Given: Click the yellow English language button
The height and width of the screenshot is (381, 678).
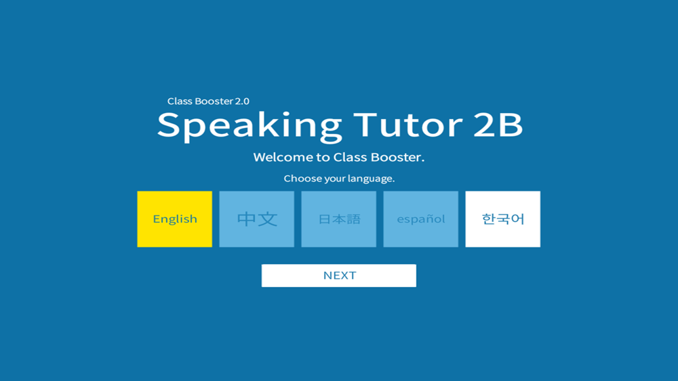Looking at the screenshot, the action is [x=175, y=219].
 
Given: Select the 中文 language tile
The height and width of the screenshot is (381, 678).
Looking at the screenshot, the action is [x=257, y=219].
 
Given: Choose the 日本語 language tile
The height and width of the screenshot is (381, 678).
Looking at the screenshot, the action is [x=338, y=219].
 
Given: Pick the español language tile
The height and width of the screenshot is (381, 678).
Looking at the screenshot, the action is [x=421, y=219].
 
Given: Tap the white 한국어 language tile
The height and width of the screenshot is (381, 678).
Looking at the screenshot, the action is [x=503, y=219].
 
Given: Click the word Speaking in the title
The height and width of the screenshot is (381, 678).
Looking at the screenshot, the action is [x=250, y=127].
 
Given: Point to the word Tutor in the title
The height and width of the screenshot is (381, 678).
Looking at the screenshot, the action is [x=408, y=125].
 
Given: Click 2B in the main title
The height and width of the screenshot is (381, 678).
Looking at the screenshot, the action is [x=498, y=125].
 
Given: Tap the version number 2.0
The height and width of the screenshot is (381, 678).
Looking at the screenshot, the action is [x=242, y=102].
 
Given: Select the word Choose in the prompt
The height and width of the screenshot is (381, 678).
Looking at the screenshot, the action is [x=299, y=179].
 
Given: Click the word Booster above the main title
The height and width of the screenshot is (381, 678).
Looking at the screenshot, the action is [x=214, y=102].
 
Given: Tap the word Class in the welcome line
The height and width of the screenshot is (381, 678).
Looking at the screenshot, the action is [x=351, y=157].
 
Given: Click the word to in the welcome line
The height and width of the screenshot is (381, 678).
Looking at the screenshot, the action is [x=323, y=158].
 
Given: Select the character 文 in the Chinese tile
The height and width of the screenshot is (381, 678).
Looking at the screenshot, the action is [x=268, y=219].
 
